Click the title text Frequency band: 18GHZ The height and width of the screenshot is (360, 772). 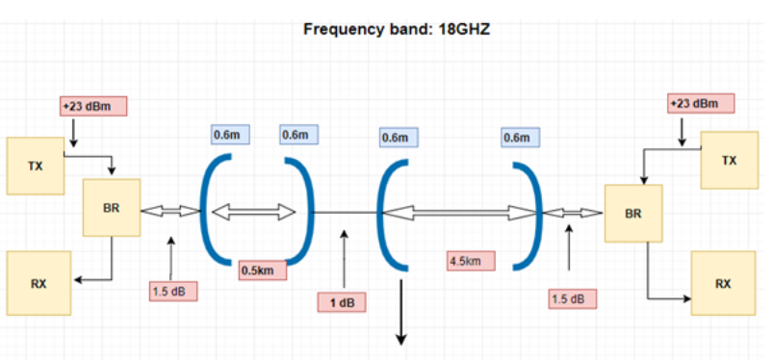click(x=398, y=29)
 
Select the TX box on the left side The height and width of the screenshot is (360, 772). click(x=36, y=166)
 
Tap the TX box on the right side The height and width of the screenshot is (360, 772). click(x=729, y=160)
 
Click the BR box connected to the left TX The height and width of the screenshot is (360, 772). click(x=113, y=207)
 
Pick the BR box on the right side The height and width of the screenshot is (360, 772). click(x=633, y=213)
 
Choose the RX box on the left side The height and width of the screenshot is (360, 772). click(x=39, y=283)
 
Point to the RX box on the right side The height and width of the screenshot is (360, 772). click(x=723, y=284)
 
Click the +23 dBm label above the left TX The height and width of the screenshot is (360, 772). click(x=92, y=105)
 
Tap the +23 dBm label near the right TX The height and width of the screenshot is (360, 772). click(x=701, y=103)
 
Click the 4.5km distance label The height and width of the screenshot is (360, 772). click(x=471, y=260)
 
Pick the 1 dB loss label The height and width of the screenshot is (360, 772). click(x=343, y=302)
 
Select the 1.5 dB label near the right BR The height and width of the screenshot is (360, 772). click(x=572, y=298)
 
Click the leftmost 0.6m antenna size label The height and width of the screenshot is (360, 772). click(x=232, y=136)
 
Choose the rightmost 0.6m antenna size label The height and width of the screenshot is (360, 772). click(x=517, y=139)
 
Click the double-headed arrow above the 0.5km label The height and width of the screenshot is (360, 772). click(x=254, y=211)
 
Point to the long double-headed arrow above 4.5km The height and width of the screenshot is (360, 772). click(x=460, y=212)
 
